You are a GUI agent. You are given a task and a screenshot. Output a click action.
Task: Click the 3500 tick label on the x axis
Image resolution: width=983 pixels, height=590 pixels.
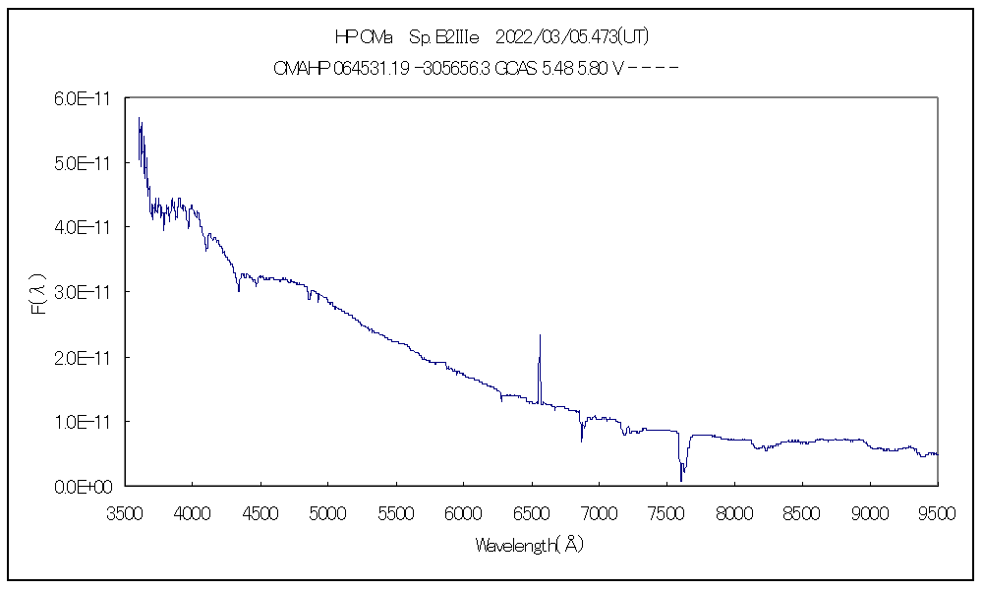pos(124,511)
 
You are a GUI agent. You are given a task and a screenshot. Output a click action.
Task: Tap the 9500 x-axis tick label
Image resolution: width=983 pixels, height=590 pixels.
pos(938,511)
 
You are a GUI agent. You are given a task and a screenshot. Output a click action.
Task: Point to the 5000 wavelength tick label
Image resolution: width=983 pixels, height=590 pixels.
pos(327,511)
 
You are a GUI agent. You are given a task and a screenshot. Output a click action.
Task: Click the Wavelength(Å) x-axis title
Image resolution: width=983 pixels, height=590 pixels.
pos(530,545)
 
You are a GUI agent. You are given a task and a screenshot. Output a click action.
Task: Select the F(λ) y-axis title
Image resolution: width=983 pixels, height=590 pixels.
pos(39,293)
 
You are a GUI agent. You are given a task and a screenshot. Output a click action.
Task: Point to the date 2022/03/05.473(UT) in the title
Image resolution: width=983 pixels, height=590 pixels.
pos(572,37)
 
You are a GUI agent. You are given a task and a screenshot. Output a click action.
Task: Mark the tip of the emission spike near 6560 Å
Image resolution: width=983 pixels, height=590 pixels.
pos(540,335)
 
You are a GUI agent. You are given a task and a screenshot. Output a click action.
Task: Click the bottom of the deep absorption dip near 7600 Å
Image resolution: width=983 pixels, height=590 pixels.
pos(681,480)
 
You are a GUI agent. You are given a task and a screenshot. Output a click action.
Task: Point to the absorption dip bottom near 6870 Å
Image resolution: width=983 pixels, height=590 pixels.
pos(581,441)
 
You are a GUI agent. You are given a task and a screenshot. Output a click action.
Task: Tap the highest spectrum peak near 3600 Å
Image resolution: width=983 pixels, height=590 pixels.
pos(140,118)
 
